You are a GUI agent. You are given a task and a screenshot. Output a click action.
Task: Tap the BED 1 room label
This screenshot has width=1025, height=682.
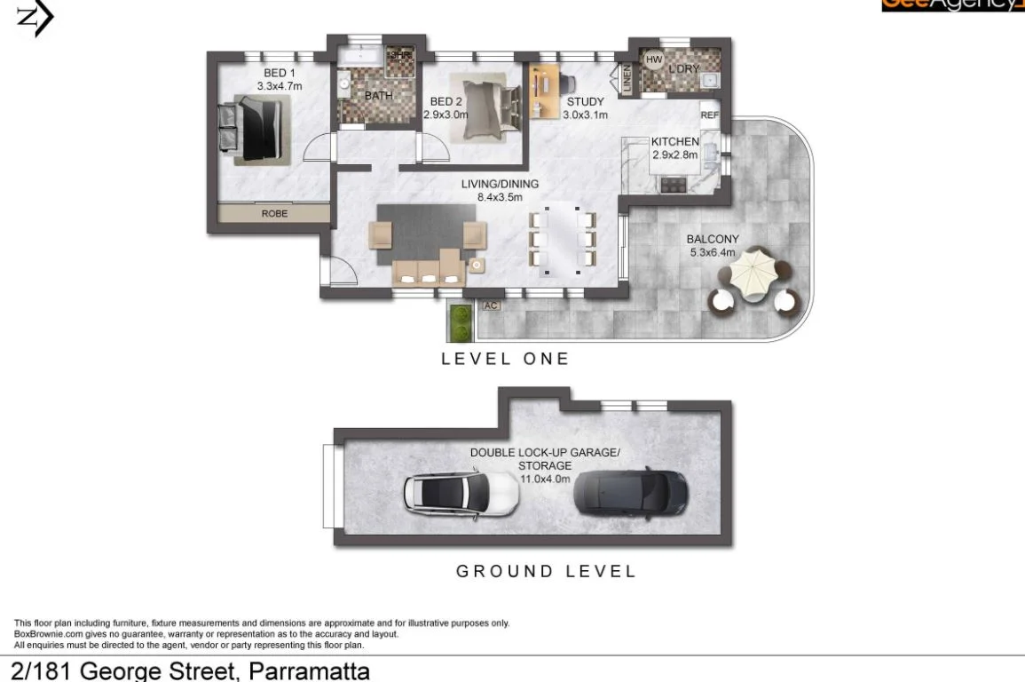click(x=280, y=73)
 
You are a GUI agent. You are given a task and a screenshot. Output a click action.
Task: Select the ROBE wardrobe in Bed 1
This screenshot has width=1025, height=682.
click(x=274, y=214)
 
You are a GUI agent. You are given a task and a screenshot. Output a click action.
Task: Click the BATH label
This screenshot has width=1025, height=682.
click(x=379, y=95)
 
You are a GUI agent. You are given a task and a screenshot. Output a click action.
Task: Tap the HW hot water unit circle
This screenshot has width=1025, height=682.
click(x=654, y=60)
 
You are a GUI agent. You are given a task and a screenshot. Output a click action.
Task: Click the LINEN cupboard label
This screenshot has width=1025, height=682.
click(x=626, y=78)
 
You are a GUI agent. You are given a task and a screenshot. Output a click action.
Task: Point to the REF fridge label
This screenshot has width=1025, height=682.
click(x=709, y=115)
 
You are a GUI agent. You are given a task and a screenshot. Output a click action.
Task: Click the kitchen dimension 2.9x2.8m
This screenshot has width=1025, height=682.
click(x=674, y=155)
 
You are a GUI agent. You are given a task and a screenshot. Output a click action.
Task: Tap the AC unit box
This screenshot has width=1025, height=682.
click(x=490, y=305)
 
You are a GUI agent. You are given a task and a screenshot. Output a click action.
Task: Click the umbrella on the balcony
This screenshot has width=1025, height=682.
click(x=753, y=270)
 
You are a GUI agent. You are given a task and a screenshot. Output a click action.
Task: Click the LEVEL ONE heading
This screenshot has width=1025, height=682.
click(x=505, y=359)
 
